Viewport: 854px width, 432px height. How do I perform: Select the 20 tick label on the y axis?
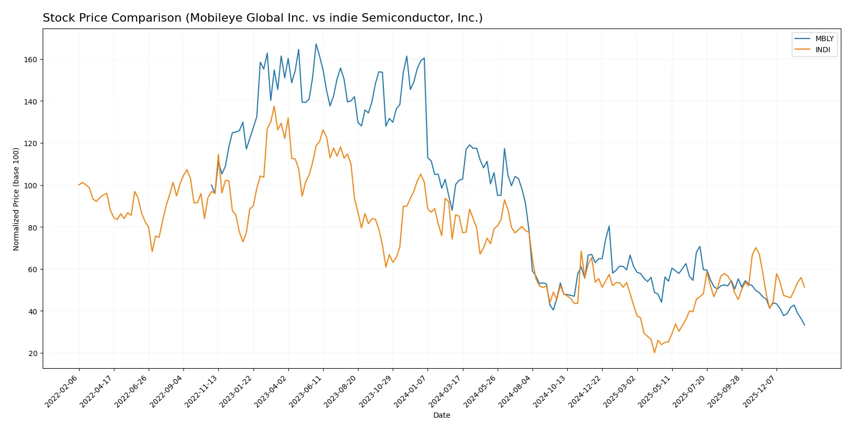33,353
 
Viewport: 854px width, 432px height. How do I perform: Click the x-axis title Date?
441,415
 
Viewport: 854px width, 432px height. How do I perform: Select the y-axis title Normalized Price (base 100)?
16,199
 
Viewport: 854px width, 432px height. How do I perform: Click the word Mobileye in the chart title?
211,18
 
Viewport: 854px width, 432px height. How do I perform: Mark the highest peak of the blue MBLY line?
316,44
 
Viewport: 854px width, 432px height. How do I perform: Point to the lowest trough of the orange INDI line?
654,352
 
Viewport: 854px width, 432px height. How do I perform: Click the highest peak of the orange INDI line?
274,106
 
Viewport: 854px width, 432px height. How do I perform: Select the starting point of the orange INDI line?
79,185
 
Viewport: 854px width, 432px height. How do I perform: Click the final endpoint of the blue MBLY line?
804,325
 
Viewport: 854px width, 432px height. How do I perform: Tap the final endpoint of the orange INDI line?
804,287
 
